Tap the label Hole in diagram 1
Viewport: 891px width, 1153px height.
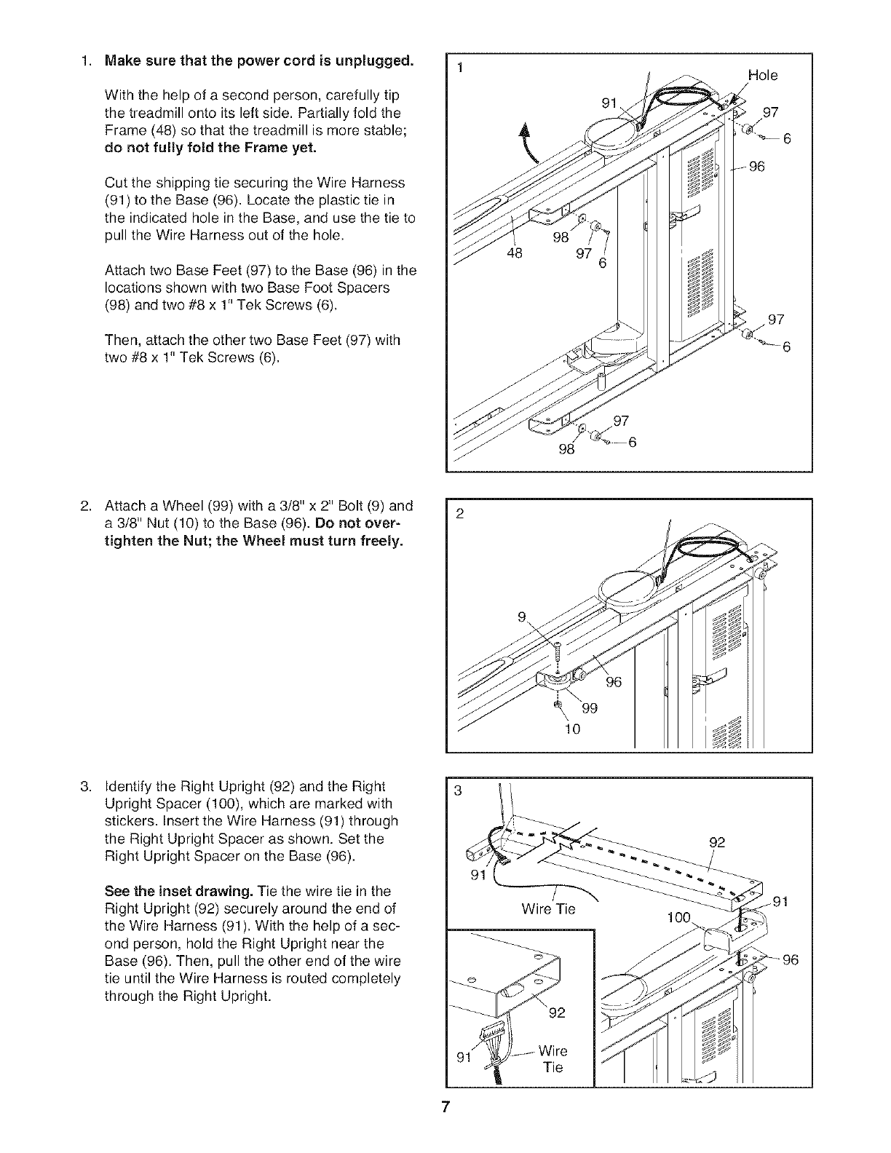[x=762, y=75]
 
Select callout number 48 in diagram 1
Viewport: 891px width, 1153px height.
[x=515, y=255]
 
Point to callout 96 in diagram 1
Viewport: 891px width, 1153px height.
[x=757, y=167]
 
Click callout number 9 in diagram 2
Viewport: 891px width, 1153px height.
[x=521, y=617]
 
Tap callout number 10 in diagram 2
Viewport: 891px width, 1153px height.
[x=572, y=728]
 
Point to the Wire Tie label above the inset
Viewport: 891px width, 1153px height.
[x=548, y=908]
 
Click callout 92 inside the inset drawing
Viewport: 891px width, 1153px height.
[x=557, y=1012]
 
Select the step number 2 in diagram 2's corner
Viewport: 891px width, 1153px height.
[x=459, y=512]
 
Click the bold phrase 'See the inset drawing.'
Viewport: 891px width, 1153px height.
[x=167, y=891]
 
